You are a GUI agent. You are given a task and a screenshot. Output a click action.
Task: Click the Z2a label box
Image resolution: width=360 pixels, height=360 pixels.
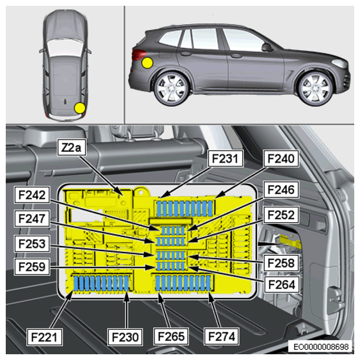pos(71,147)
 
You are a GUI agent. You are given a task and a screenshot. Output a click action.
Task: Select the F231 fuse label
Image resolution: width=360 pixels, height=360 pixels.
pos(225,159)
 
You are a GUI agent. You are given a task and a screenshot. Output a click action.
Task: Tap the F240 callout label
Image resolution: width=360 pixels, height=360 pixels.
pos(281,159)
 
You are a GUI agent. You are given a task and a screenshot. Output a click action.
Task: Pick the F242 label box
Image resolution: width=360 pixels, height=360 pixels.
pos(32,195)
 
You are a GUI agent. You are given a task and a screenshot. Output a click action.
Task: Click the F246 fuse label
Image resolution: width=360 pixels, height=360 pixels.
pos(281,190)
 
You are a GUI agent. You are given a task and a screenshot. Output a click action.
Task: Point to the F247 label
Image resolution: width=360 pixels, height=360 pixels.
pos(32,218)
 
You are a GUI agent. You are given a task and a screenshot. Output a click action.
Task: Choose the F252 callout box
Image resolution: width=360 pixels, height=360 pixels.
pos(281,215)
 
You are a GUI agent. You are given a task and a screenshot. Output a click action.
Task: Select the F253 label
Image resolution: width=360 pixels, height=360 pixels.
pos(32,243)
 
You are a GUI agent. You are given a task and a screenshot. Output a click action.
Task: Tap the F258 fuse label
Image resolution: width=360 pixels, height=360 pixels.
pos(281,263)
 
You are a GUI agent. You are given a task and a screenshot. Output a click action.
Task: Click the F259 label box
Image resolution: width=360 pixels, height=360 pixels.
pos(32,266)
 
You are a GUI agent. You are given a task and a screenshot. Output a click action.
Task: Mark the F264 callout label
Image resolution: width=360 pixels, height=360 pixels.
pos(281,284)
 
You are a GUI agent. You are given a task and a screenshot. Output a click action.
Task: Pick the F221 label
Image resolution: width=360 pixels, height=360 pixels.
pos(44,337)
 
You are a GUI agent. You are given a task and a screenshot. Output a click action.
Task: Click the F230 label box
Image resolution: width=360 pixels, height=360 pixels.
pos(125,337)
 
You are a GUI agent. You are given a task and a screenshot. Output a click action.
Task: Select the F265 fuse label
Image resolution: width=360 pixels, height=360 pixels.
pos(171,336)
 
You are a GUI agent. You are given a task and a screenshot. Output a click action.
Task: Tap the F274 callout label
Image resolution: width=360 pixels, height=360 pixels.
pos(222,336)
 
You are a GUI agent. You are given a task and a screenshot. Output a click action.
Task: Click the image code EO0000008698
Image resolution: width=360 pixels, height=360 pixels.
pos(321,347)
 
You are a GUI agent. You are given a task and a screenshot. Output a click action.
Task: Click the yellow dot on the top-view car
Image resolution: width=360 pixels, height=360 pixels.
pos(80,108)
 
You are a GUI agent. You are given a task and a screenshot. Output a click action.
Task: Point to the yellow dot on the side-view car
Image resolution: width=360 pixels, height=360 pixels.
pos(147,63)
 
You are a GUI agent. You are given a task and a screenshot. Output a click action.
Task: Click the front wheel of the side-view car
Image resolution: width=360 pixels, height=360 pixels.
pos(316,89)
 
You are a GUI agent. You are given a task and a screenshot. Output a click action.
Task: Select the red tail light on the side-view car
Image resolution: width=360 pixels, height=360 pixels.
pos(138,55)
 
